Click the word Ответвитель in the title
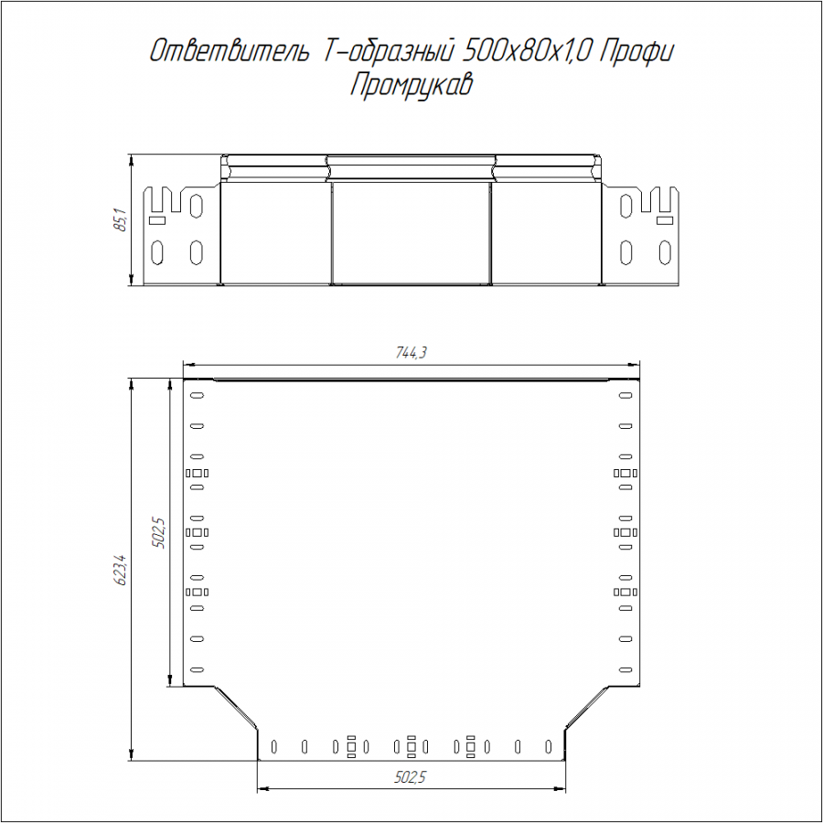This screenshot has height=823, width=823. coord(230,52)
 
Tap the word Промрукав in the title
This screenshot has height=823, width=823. coord(411,85)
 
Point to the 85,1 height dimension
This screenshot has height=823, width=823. coord(121,219)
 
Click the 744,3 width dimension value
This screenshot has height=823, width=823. coord(411,353)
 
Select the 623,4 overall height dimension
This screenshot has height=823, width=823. coord(121,570)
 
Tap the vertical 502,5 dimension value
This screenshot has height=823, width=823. coord(158,533)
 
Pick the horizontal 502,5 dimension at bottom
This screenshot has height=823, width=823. coord(410,777)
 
